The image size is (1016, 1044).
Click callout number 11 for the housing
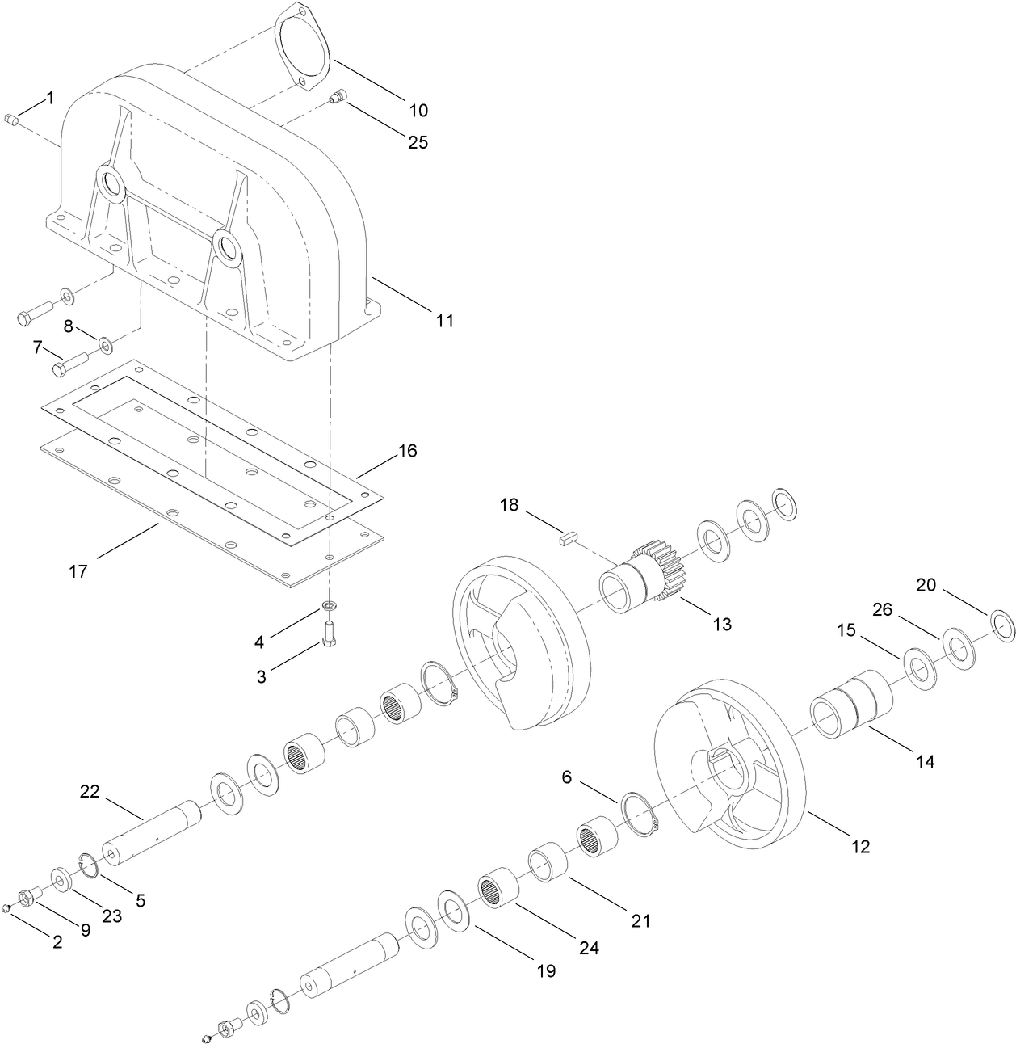point(444,321)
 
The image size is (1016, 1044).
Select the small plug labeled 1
point(11,121)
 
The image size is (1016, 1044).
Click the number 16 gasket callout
point(407,451)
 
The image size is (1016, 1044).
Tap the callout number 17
point(78,571)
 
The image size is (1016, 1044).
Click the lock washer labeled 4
point(330,606)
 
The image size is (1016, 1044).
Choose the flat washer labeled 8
point(106,347)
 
